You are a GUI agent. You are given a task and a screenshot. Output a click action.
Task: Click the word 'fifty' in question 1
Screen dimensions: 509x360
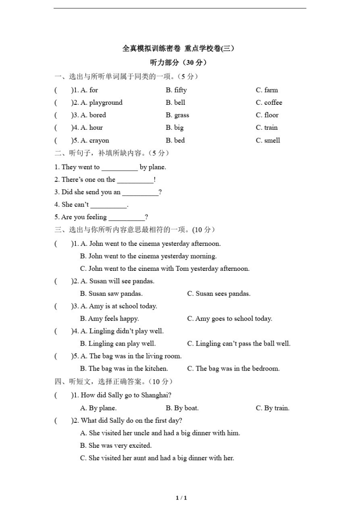coord(180,90)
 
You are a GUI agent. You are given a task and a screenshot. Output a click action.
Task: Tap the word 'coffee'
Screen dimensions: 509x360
coord(273,103)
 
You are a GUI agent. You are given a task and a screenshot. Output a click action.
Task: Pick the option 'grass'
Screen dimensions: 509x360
coord(182,116)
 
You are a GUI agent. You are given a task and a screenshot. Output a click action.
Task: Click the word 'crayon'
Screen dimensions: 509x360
coord(99,141)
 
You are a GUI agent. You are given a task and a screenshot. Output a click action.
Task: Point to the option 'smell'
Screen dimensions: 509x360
coord(272,141)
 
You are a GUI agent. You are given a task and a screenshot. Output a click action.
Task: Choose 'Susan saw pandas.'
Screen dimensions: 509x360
coord(111,294)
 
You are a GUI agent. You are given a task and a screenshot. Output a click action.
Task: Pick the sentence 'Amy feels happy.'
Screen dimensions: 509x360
coord(109,319)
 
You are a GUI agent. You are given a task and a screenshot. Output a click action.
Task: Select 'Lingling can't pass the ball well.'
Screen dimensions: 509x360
coord(239,344)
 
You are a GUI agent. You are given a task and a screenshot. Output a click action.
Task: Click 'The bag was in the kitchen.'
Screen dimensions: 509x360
coord(124,369)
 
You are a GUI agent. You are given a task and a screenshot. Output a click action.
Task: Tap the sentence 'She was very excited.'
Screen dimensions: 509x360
coord(116,446)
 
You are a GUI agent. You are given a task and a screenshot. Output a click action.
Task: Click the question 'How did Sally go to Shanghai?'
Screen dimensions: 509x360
coord(126,396)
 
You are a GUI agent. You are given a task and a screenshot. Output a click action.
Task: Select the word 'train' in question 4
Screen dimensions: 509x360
coord(271,128)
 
